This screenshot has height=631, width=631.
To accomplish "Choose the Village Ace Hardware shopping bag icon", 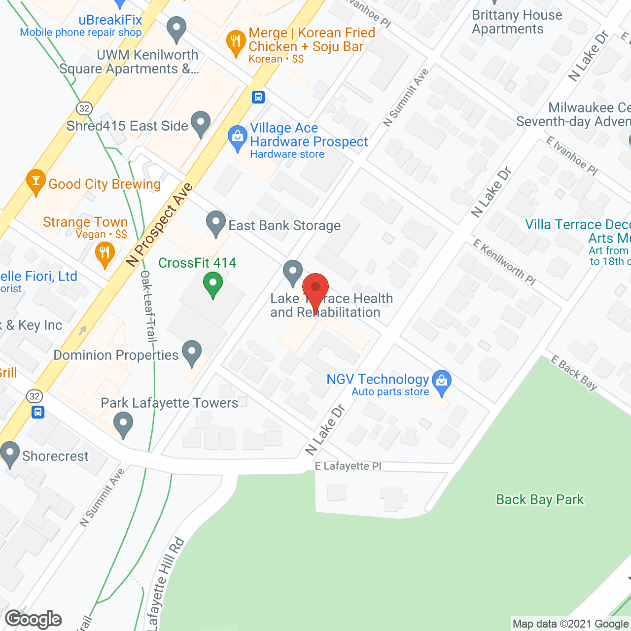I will tap(238, 138).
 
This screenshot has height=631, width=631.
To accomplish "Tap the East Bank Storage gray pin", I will tap(215, 223).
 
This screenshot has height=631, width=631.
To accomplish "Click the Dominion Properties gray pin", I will tap(192, 352).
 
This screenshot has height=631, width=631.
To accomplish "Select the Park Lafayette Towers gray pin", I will tap(123, 424).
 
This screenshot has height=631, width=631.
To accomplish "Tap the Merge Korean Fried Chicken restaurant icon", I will tap(236, 42).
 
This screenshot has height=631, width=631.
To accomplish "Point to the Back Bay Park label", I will tap(540, 499).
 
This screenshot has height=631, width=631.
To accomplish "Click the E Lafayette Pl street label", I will tap(348, 466).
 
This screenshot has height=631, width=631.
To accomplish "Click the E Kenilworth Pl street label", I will tap(504, 262).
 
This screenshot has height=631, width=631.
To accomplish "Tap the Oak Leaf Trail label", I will tap(148, 306).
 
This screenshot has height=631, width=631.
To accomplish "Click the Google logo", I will tap(33, 619).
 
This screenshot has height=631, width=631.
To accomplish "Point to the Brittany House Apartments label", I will tap(517, 22).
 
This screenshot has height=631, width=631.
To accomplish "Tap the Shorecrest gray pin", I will tap(10, 454).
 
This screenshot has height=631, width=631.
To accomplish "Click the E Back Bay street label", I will tap(574, 373).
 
